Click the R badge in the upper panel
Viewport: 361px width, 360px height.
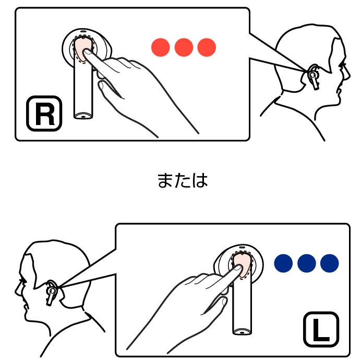coord(44,114)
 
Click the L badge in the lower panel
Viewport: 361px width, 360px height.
coord(321,329)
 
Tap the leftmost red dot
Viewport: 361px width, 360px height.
coord(161,47)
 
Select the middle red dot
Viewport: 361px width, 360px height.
coord(184,47)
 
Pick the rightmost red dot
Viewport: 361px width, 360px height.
coord(207,47)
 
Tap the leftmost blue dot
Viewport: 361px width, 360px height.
coord(283,263)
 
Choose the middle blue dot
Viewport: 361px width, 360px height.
coord(307,263)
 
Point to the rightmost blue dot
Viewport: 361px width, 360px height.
coord(330,263)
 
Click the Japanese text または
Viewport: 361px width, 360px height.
coord(183,180)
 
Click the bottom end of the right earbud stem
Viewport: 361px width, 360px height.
coord(83,116)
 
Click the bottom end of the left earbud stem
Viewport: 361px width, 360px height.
coord(242,332)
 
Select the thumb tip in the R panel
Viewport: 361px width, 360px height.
coord(101,85)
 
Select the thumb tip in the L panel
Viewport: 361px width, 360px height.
coord(224,301)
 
